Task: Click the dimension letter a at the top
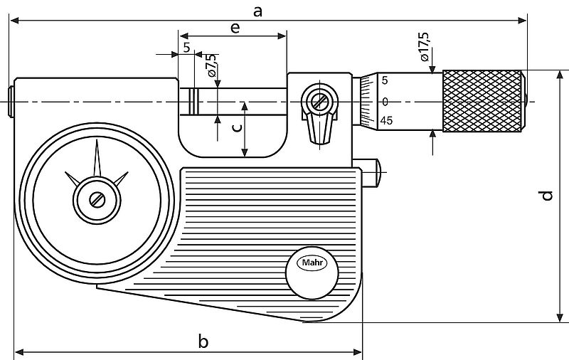click(258, 11)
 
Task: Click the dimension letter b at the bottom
click(203, 342)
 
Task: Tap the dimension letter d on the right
click(546, 195)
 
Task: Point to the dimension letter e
click(234, 27)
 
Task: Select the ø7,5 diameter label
click(212, 68)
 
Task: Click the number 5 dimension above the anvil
click(186, 48)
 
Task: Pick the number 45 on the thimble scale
click(387, 121)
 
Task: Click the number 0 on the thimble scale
click(385, 102)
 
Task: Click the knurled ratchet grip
click(484, 101)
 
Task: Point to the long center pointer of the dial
click(97, 160)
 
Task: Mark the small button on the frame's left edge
click(11, 101)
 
